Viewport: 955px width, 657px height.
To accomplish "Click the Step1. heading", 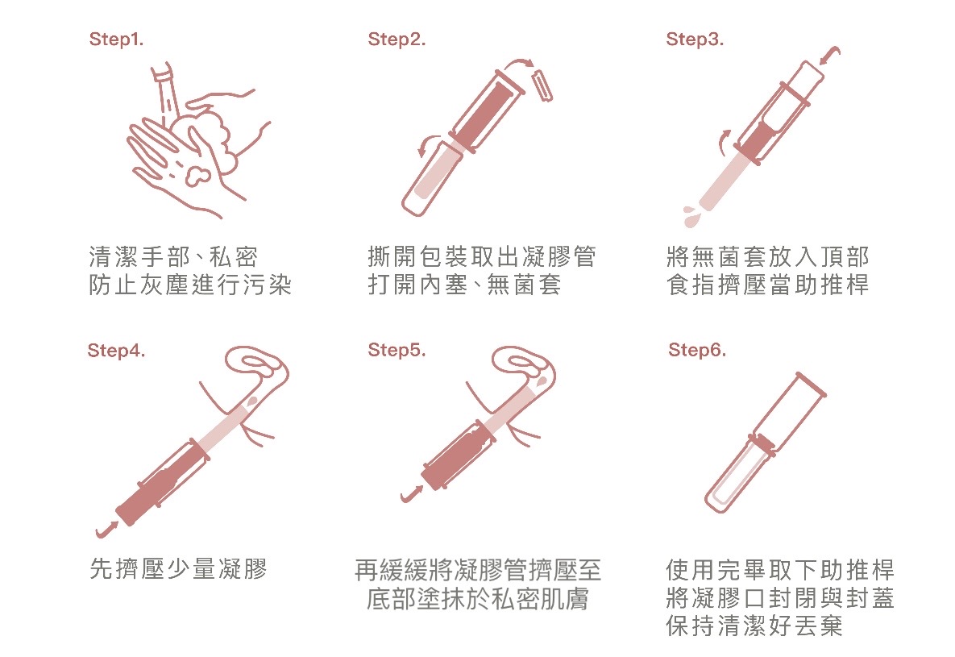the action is coord(116,40).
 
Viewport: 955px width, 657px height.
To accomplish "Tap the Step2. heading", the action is coord(397,40).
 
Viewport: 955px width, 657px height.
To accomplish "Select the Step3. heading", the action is coord(695,40).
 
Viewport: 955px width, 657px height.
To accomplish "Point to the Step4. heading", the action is coord(116,351).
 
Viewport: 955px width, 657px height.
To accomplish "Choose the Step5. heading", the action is coord(397,351).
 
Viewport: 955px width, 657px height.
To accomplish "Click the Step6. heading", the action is coord(697,351).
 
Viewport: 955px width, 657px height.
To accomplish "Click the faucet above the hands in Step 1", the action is coord(166,91).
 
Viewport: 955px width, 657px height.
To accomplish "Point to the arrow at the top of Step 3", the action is coord(830,56).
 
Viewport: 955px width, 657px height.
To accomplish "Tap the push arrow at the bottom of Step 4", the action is coord(106,529).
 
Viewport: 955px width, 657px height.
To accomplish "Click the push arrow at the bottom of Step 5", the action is coord(412,493).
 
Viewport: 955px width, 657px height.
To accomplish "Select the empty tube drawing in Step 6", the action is coord(765,443).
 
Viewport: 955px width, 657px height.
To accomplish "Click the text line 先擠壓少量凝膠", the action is coord(178,569).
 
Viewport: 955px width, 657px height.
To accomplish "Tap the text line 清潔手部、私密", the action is coord(173,256).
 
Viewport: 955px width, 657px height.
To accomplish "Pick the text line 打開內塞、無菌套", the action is coord(464,285).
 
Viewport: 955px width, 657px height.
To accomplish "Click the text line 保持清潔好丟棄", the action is coord(754,626).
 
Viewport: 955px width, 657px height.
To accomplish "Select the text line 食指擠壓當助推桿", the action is coord(767,285).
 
